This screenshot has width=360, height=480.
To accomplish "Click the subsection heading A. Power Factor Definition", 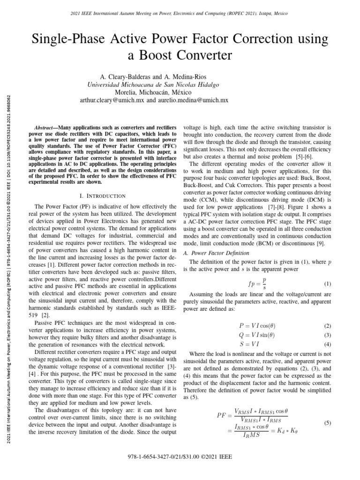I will point(212,253).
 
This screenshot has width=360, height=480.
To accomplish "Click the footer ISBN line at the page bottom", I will point(180,469).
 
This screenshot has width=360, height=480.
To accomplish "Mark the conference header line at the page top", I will point(180,14).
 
